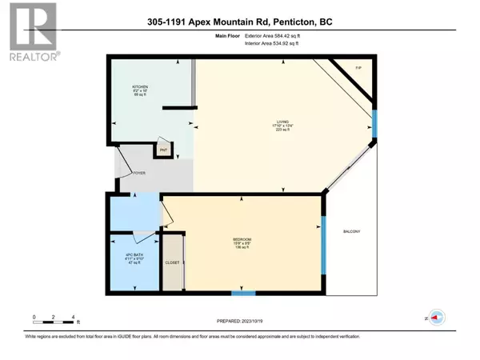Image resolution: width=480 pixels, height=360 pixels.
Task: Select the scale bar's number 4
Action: point(73,317)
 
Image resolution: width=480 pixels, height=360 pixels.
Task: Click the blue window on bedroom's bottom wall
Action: point(242,293)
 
